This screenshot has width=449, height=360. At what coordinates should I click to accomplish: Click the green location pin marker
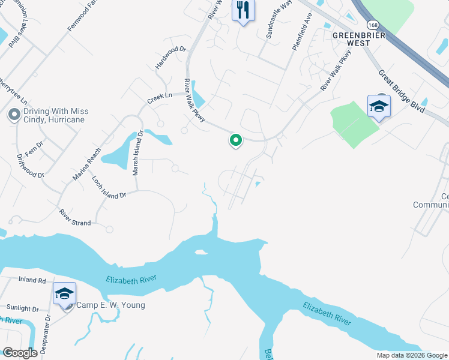point(236,140)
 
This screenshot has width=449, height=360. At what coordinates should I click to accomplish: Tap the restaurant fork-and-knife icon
point(243,10)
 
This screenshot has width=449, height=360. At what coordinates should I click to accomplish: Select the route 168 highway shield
point(373,25)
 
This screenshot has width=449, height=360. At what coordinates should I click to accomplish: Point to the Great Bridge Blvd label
point(401,92)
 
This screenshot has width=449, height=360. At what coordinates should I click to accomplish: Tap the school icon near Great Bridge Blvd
point(379,107)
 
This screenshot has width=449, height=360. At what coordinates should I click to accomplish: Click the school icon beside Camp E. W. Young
point(64,293)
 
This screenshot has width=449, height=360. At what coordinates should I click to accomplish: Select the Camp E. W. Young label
point(110,305)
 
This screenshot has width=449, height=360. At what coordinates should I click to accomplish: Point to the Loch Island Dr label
point(109,187)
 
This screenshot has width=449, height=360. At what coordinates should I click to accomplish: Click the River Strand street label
point(75,218)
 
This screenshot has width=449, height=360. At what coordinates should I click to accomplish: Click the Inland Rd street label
point(32,280)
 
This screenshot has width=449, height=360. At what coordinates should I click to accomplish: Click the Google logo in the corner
point(20,353)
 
